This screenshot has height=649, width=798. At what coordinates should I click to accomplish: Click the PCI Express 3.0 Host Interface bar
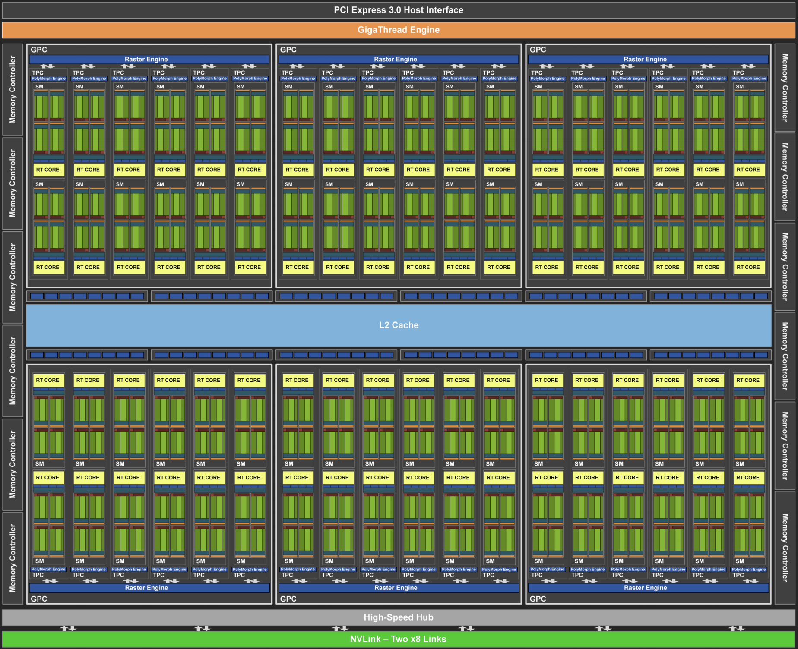click(x=398, y=10)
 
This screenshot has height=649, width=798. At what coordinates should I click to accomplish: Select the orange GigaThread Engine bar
click(x=398, y=30)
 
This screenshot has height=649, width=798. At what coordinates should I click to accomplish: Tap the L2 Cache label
click(x=398, y=325)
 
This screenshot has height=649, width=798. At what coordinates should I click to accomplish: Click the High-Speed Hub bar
click(x=398, y=617)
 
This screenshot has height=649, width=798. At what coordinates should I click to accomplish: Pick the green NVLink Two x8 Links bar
click(x=398, y=639)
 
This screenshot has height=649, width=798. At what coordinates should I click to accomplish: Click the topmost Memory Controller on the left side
click(x=13, y=89)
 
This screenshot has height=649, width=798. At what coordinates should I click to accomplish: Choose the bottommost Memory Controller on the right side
click(x=785, y=548)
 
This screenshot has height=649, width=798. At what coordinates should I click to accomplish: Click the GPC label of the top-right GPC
click(x=538, y=50)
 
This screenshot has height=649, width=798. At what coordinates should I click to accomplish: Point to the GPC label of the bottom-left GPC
click(x=39, y=599)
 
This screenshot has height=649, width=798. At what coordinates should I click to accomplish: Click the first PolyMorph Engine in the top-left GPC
click(x=48, y=79)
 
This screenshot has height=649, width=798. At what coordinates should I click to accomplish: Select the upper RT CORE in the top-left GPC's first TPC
click(x=48, y=170)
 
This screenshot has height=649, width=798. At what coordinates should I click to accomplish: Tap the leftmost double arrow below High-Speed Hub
click(x=68, y=628)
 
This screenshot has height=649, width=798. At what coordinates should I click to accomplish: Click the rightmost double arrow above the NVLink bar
click(x=736, y=628)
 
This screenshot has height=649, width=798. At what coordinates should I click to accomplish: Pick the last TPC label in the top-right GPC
click(x=738, y=72)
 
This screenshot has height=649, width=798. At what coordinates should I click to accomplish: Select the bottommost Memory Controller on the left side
click(x=13, y=558)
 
